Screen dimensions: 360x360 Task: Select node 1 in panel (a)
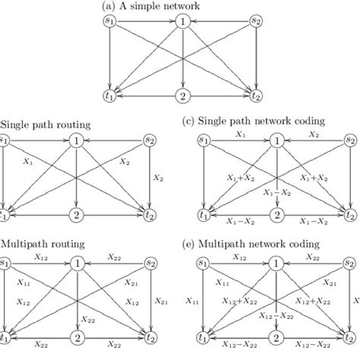pyautogui.click(x=182, y=22)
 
